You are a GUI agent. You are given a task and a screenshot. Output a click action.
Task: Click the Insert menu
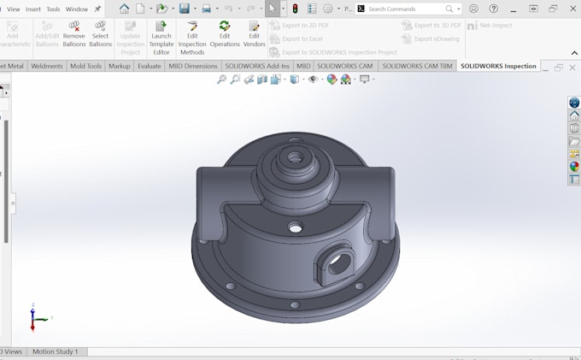click(33, 9)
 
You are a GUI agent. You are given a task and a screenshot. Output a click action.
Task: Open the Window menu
click(77, 9)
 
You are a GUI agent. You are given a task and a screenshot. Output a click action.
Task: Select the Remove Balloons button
click(73, 34)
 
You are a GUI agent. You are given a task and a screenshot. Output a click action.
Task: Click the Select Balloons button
click(101, 34)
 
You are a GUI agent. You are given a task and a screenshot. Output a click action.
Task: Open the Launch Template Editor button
click(161, 38)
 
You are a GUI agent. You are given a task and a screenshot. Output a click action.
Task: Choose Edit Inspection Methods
click(192, 38)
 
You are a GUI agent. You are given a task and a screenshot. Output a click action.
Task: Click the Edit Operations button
click(225, 34)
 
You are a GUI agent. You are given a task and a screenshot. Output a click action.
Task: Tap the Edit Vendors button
click(255, 34)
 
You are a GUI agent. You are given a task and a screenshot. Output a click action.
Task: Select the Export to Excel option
click(302, 38)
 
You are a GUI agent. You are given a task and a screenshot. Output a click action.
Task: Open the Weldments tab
click(46, 66)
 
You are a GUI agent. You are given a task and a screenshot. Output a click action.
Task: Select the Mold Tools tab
click(85, 66)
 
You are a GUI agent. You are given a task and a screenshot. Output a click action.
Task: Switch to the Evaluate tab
click(149, 66)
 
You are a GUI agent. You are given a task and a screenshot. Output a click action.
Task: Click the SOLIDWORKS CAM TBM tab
click(417, 66)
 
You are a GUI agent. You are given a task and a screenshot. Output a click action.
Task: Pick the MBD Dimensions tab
click(193, 66)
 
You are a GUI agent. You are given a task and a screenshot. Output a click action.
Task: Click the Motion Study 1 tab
click(55, 351)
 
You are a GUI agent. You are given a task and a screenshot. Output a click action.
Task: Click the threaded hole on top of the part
click(296, 158)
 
